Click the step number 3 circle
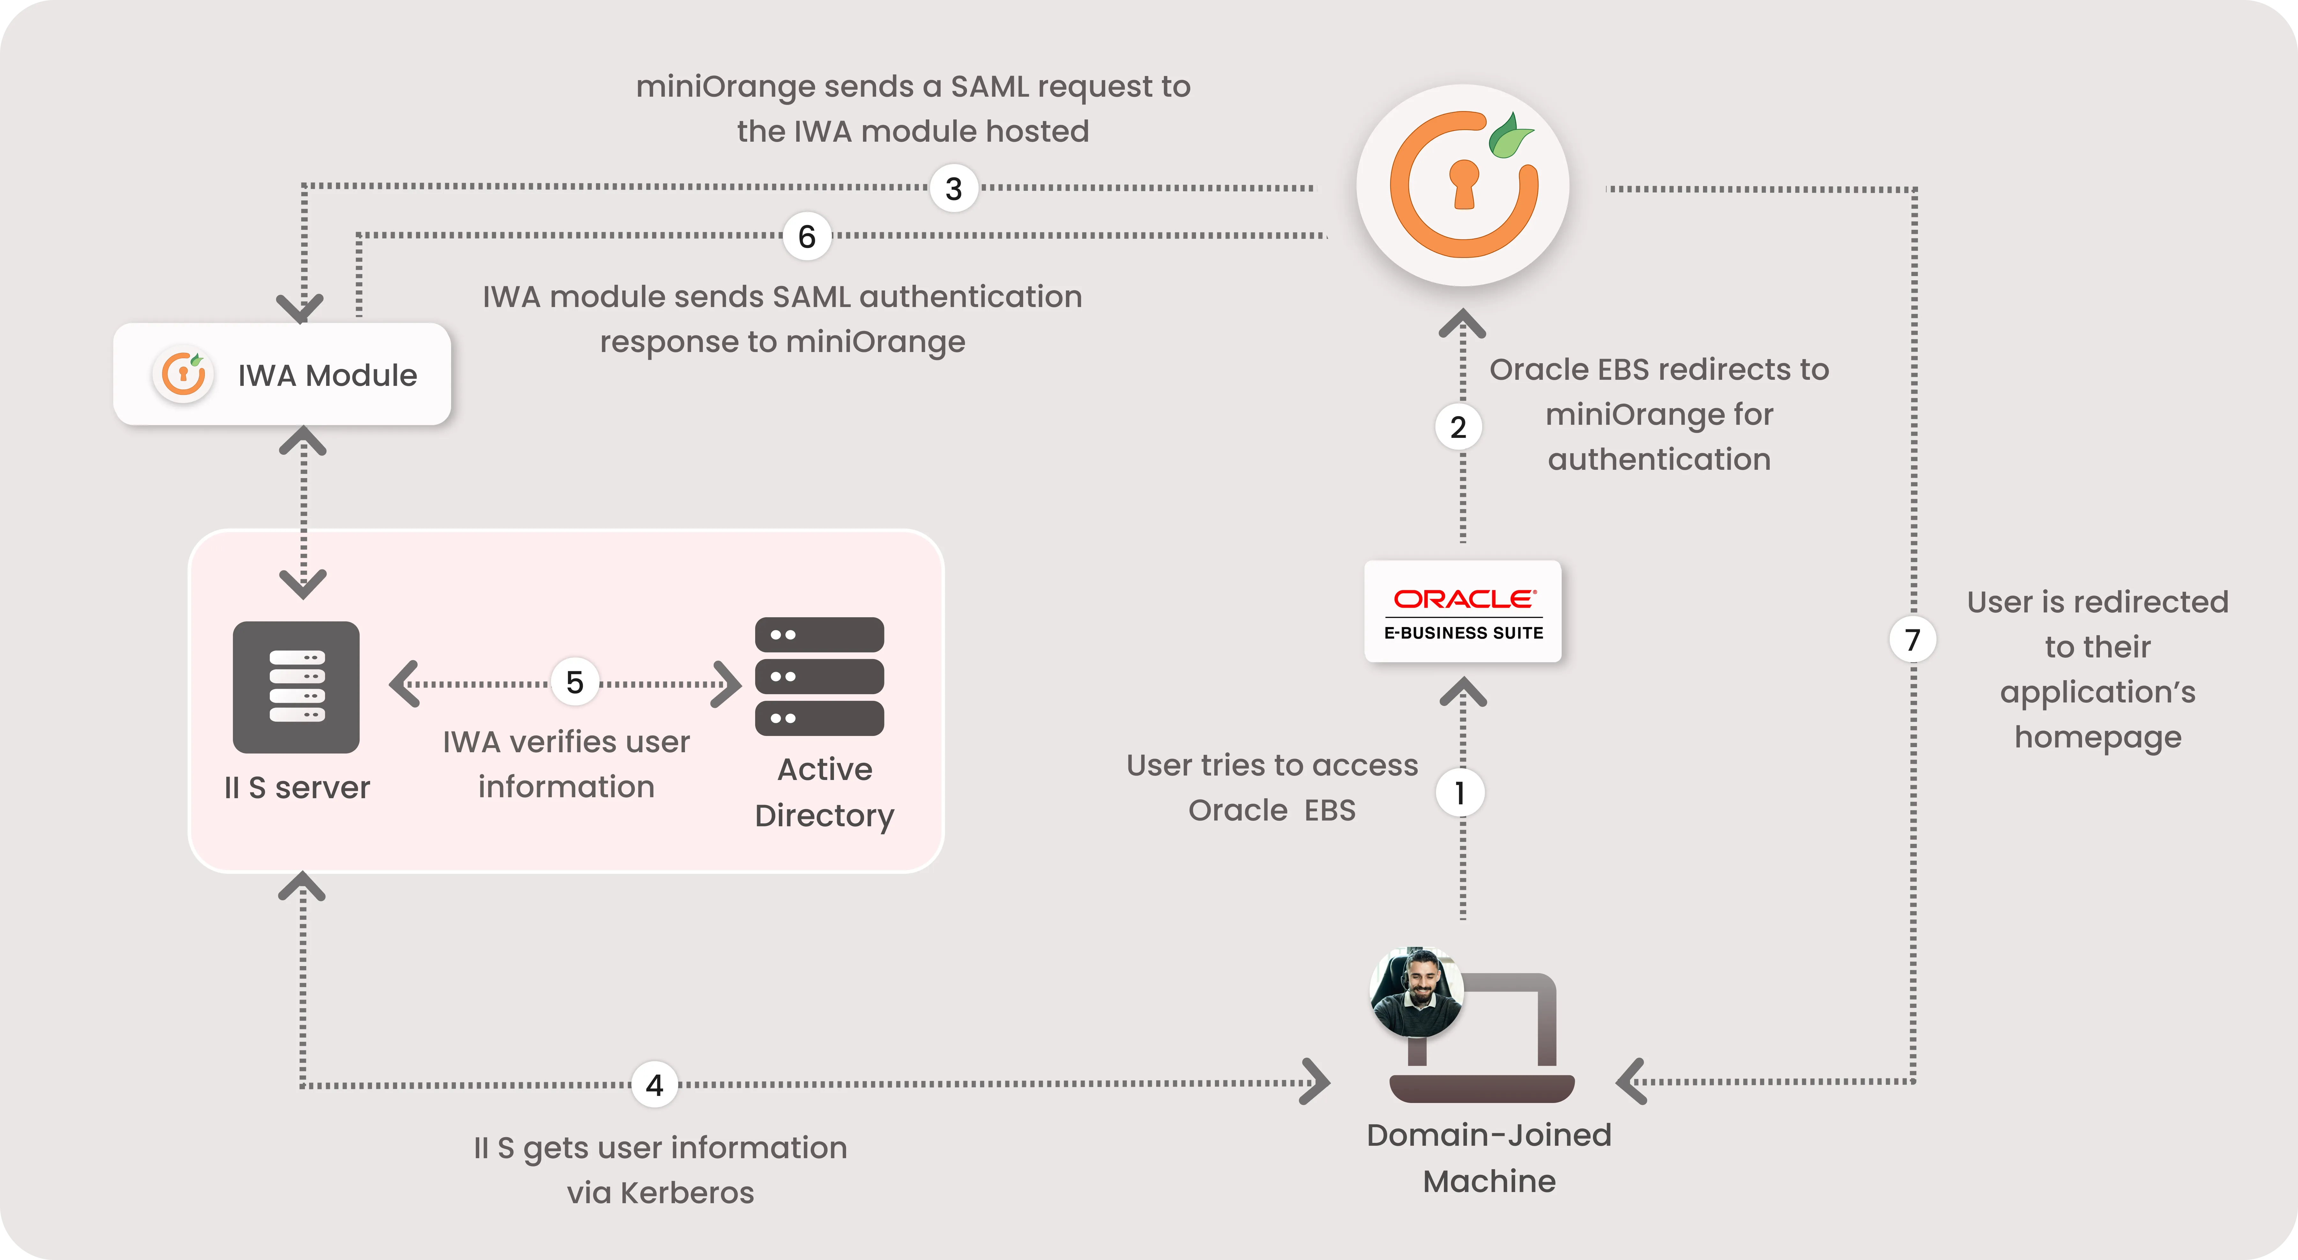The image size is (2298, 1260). coord(954,188)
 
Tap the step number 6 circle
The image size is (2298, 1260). coord(807,236)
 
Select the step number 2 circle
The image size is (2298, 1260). coord(1458,427)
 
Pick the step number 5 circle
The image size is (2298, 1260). coord(575,683)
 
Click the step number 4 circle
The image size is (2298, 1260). coord(655,1085)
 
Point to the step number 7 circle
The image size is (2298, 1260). coord(1912,640)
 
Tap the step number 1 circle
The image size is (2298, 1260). coord(1460,792)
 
